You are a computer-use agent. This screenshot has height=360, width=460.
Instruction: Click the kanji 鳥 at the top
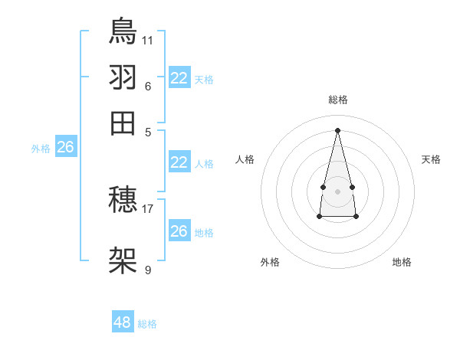coord(123,31)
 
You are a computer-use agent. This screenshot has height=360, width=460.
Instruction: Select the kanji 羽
coord(123,77)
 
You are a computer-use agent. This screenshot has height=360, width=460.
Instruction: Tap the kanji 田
coord(123,123)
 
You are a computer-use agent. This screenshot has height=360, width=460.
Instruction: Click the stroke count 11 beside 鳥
coord(148,39)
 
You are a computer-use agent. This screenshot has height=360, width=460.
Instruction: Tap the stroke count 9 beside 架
coord(148,270)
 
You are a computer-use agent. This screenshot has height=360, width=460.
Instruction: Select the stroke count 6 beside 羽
coord(148,85)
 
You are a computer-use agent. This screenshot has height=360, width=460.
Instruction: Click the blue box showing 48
coord(123,322)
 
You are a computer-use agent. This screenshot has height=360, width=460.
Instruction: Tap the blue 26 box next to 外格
coord(65,148)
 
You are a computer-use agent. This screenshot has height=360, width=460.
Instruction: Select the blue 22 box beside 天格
coord(179,78)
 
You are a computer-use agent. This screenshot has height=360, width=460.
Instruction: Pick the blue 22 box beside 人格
coord(179,162)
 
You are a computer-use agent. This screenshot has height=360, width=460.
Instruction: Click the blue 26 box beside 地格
coord(179,231)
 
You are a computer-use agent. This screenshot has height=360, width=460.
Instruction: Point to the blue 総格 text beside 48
coord(147,324)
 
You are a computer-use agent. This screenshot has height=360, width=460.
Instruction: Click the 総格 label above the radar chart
coord(338,100)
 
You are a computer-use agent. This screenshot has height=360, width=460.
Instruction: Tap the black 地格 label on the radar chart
coord(402,262)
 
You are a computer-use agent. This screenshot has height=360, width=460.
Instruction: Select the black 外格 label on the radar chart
coord(270,262)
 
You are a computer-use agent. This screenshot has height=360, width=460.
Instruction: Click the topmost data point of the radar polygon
coord(338,129)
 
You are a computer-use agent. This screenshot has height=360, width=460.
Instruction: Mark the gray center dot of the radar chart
coord(338,191)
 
